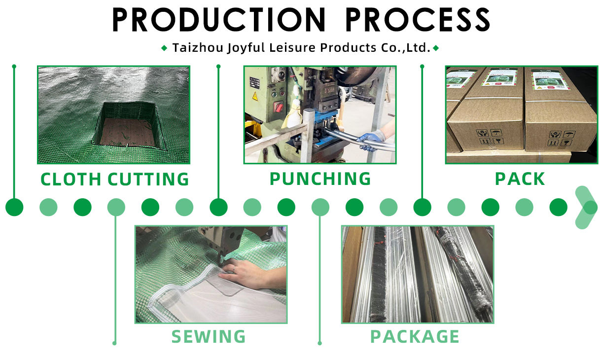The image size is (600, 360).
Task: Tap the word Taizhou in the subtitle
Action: [x=196, y=48]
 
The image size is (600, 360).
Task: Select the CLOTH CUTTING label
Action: [x=114, y=179]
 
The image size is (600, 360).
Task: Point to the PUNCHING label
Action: [x=320, y=179]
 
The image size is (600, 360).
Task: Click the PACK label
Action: [x=520, y=179]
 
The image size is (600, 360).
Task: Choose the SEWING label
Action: [x=209, y=336]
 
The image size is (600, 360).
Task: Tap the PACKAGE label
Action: [x=415, y=336]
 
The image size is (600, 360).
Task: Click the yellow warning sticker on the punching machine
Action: [x=254, y=96]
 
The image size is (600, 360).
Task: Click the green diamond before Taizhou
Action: [x=165, y=48]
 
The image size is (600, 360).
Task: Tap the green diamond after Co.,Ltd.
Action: [x=436, y=48]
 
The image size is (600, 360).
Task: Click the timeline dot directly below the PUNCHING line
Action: [x=218, y=208]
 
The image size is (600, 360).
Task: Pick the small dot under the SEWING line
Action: [x=114, y=343]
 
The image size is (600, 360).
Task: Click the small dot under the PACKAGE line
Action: [x=320, y=343]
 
